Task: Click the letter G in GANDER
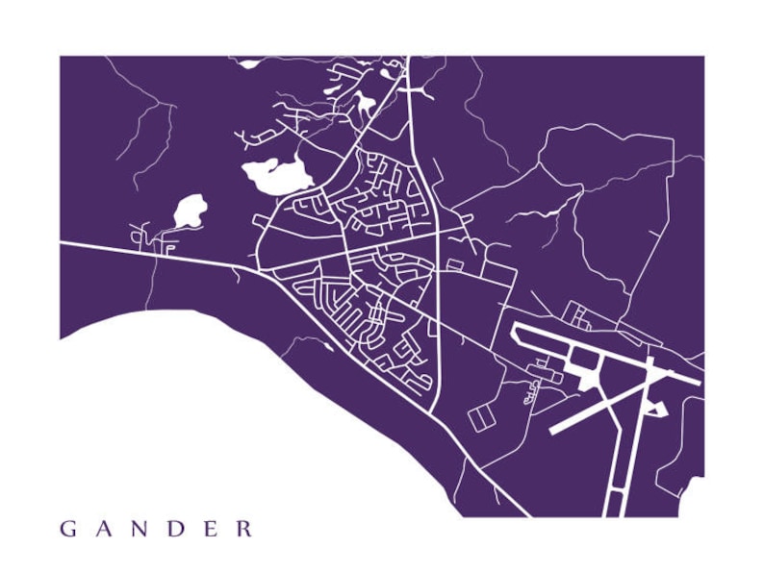pyautogui.click(x=67, y=529)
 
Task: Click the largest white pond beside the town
pyautogui.click(x=277, y=175)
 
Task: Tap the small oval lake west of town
pyautogui.click(x=190, y=211)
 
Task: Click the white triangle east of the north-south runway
pyautogui.click(x=658, y=409)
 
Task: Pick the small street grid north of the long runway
pyautogui.click(x=578, y=313)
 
